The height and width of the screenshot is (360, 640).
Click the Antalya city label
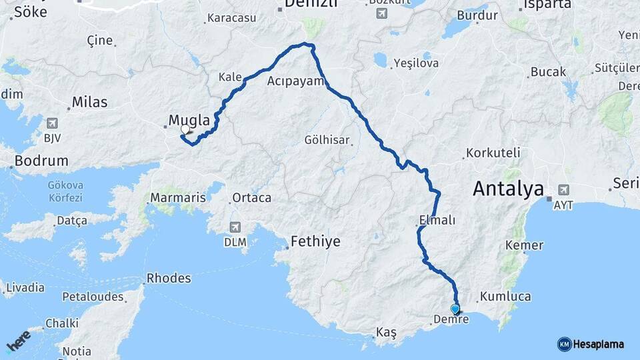[508, 189]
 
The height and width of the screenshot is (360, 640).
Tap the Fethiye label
[315, 242]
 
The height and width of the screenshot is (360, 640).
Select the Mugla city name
[189, 121]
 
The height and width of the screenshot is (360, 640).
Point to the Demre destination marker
[455, 309]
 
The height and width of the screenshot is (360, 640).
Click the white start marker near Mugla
[185, 130]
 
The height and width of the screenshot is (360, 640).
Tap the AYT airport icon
[563, 190]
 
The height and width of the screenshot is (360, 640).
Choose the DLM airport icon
[235, 227]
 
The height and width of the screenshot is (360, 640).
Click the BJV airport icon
[52, 123]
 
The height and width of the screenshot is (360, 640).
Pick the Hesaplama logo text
[597, 344]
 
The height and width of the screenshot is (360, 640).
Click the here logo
[19, 341]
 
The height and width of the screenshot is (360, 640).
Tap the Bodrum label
[41, 161]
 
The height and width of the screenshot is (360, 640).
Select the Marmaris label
[177, 198]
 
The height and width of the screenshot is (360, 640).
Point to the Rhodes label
[169, 278]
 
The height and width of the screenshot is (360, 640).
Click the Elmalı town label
[437, 220]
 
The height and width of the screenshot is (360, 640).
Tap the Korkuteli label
[493, 153]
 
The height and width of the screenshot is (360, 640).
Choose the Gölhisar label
[327, 140]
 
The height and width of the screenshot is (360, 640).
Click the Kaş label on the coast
[387, 333]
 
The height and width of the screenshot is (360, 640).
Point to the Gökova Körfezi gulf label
[65, 192]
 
